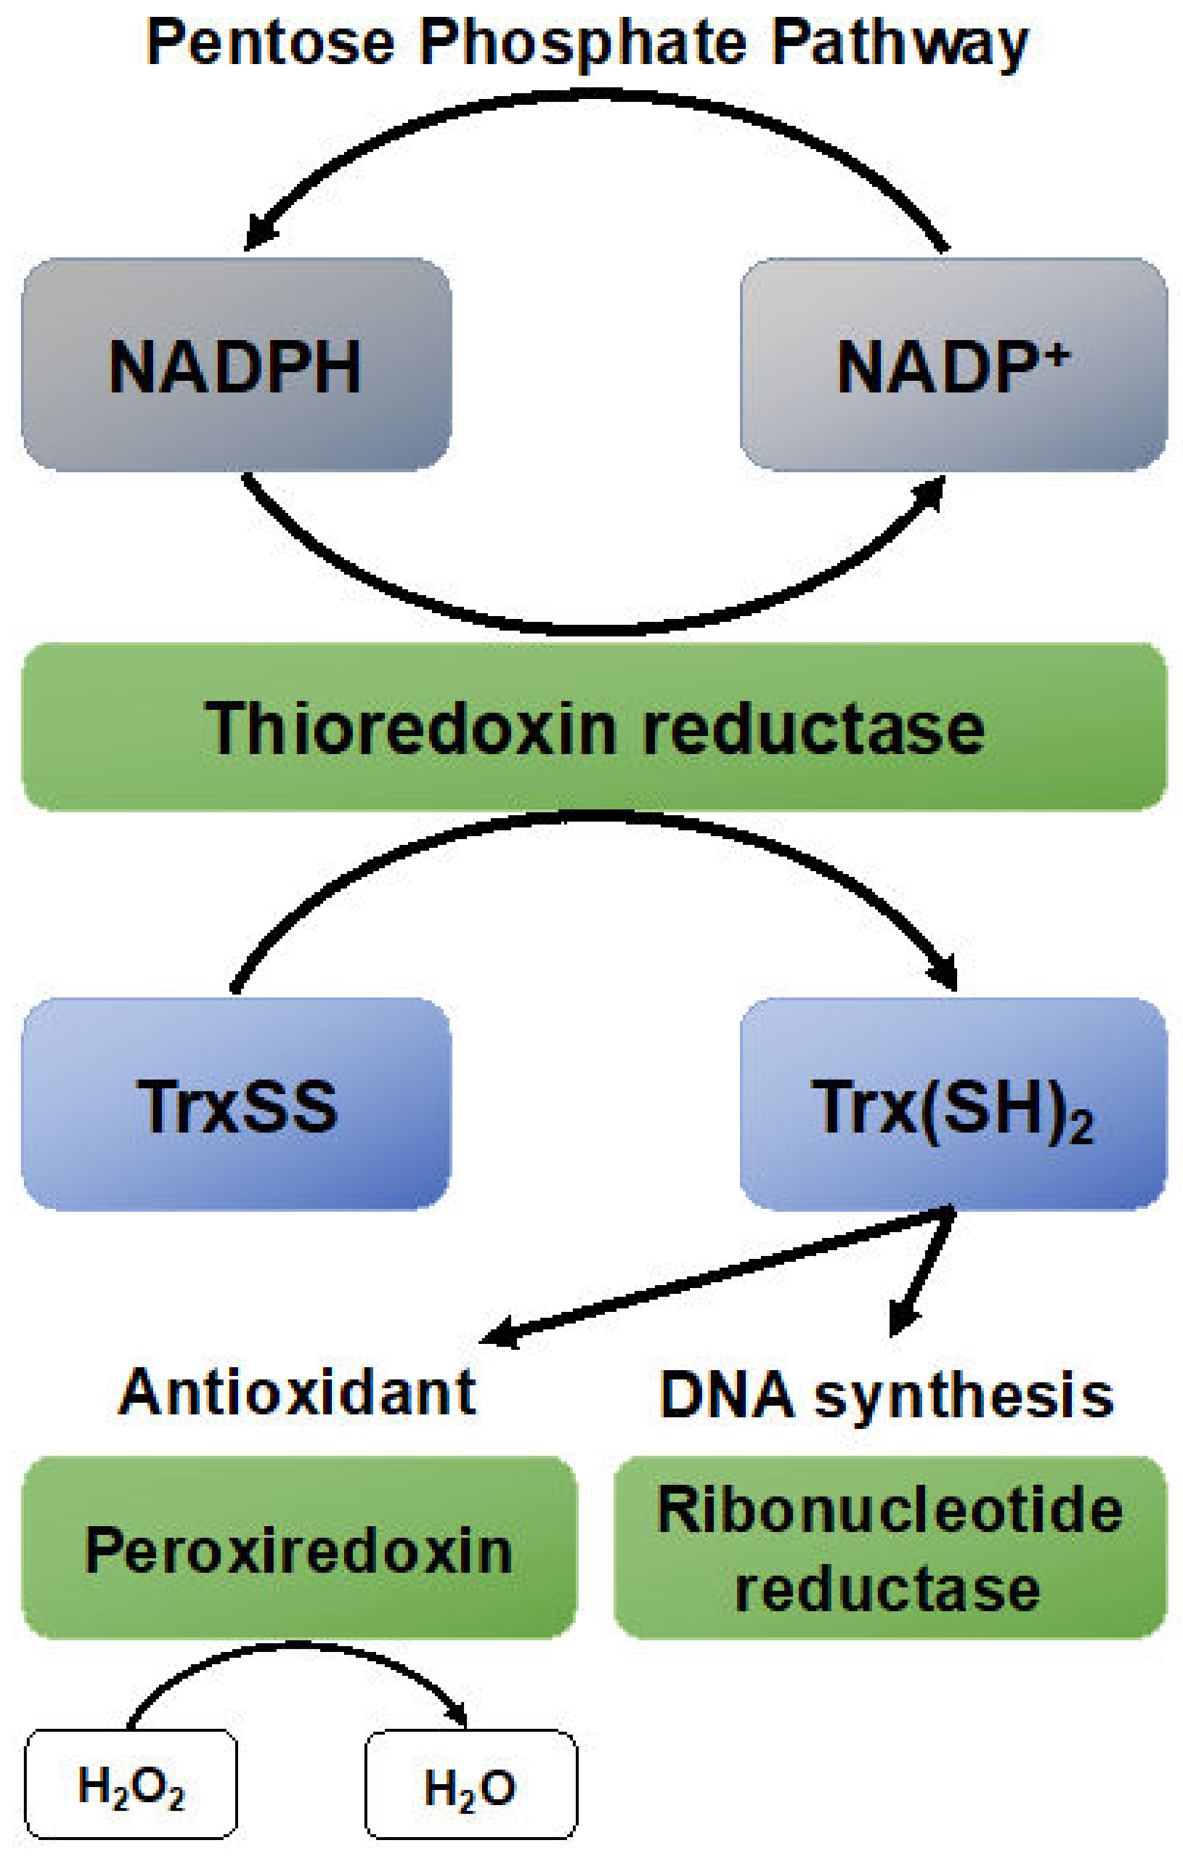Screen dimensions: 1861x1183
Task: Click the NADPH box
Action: [236, 365]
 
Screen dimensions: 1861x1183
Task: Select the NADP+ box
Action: [952, 365]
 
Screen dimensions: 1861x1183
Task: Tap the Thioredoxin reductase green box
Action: [593, 727]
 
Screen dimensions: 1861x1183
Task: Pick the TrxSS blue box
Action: [236, 1105]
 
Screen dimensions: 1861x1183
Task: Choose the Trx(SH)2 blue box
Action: [952, 1105]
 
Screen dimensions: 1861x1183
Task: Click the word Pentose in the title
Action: [271, 43]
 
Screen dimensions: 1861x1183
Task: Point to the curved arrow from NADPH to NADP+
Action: [595, 630]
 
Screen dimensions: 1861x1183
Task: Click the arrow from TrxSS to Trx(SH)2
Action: [595, 818]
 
